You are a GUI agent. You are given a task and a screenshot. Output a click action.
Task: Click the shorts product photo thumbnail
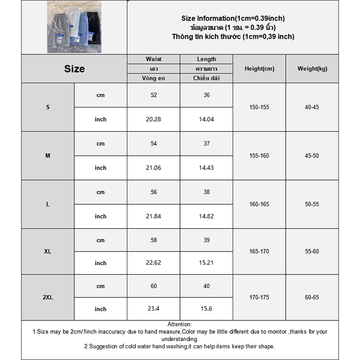pyautogui.click(x=74, y=27)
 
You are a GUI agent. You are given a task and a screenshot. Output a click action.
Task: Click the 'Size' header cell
pyautogui.click(x=74, y=69)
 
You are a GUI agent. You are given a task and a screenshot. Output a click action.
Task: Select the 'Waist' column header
pyautogui.click(x=153, y=59)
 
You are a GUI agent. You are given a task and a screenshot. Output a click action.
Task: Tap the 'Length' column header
pyautogui.click(x=207, y=59)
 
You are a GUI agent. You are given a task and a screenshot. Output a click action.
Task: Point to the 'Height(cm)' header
pyautogui.click(x=259, y=69)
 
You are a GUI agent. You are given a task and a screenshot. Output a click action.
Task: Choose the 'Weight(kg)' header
pyautogui.click(x=312, y=69)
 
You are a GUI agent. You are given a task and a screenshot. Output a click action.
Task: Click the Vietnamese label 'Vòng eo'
pyautogui.click(x=153, y=78)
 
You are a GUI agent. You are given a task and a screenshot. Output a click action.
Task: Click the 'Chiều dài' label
pyautogui.click(x=207, y=78)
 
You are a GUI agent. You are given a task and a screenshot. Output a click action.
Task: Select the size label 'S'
pyautogui.click(x=48, y=107)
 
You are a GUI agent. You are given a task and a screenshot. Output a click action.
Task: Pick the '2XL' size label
pyautogui.click(x=48, y=297)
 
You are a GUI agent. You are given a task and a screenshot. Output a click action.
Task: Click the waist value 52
pyautogui.click(x=153, y=95)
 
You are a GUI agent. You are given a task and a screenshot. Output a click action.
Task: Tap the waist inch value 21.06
pyautogui.click(x=153, y=168)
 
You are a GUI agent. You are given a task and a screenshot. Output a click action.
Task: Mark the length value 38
pyautogui.click(x=207, y=192)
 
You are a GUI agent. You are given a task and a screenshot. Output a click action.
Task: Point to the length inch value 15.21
pyautogui.click(x=207, y=263)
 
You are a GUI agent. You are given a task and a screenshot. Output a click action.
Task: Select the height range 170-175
pyautogui.click(x=259, y=297)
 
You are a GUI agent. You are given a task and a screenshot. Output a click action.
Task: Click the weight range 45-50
pyautogui.click(x=312, y=156)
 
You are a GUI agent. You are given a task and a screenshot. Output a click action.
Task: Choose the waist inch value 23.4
pyautogui.click(x=153, y=309)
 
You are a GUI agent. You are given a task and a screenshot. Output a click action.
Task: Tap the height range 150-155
pyautogui.click(x=259, y=107)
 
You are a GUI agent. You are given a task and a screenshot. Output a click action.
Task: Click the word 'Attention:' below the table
pyautogui.click(x=180, y=324)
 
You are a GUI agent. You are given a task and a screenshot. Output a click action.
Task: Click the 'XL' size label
pyautogui.click(x=48, y=252)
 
